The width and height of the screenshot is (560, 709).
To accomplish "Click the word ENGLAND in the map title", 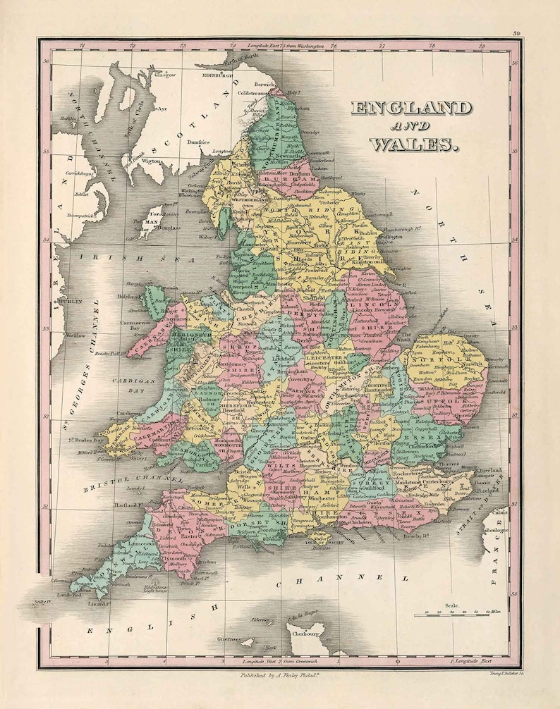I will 411,109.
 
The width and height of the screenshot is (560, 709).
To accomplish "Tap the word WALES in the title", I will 411,144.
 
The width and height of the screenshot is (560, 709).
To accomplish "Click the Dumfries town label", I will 197,142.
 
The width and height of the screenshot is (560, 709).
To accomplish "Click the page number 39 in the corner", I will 517,33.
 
